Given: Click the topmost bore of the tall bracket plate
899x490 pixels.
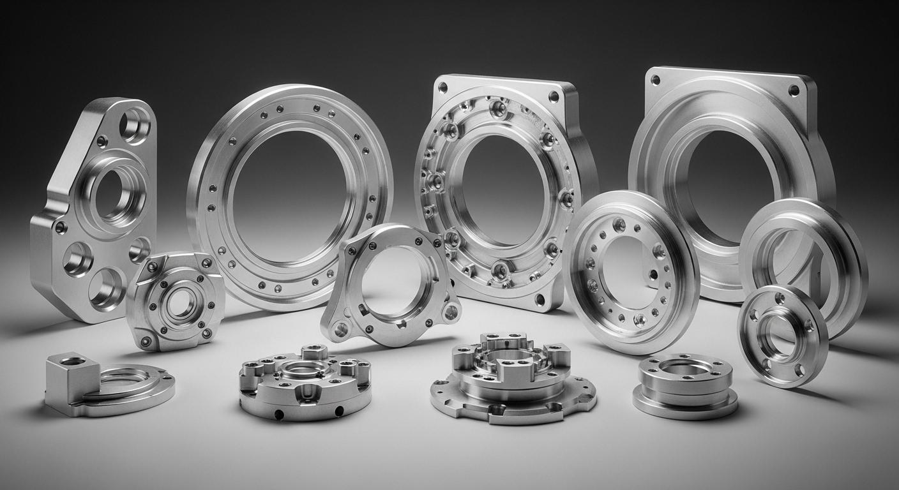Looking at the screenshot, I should coord(135,125).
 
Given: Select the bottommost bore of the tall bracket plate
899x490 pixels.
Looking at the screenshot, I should coord(106,289).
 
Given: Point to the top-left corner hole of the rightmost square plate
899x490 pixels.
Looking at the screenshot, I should coord(655,80).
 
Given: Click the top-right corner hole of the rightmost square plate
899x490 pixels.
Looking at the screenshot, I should coord(794,90).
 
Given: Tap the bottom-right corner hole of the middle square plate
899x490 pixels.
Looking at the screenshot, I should coord(540,299).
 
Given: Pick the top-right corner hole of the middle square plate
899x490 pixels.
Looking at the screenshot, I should coord(553,97).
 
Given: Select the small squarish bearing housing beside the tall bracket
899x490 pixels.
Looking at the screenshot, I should coord(175,300).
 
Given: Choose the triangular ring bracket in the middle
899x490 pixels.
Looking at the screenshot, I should coord(358,255).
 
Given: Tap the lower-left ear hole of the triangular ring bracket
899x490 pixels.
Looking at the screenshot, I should coord(342,329).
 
